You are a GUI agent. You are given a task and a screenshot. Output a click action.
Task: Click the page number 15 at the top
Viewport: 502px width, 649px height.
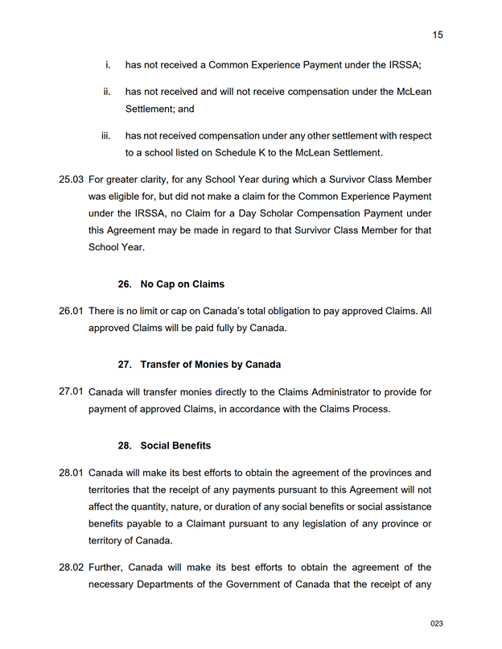point(438,35)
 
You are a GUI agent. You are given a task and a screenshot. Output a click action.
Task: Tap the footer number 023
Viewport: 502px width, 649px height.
point(437,624)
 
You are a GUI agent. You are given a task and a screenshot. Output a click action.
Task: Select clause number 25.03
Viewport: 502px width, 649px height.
point(72,180)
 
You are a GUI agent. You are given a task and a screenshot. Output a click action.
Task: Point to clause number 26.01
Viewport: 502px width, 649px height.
point(72,311)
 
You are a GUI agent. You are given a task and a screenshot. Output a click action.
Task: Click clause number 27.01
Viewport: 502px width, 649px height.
point(72,392)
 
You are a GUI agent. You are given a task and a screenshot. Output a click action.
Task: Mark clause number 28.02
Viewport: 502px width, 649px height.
point(72,568)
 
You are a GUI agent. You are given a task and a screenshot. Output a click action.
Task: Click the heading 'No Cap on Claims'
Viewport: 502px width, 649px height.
point(183,284)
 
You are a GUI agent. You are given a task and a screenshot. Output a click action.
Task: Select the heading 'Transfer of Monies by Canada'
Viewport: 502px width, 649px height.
point(211,365)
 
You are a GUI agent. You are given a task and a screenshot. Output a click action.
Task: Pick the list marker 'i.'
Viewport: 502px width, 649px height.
point(108,64)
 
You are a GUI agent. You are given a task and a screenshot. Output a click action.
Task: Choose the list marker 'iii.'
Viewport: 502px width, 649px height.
point(105,136)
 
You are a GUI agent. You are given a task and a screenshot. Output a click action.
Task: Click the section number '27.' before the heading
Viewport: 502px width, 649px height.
point(125,365)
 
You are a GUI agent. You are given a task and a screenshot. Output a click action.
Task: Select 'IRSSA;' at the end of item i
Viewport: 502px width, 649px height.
point(405,64)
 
